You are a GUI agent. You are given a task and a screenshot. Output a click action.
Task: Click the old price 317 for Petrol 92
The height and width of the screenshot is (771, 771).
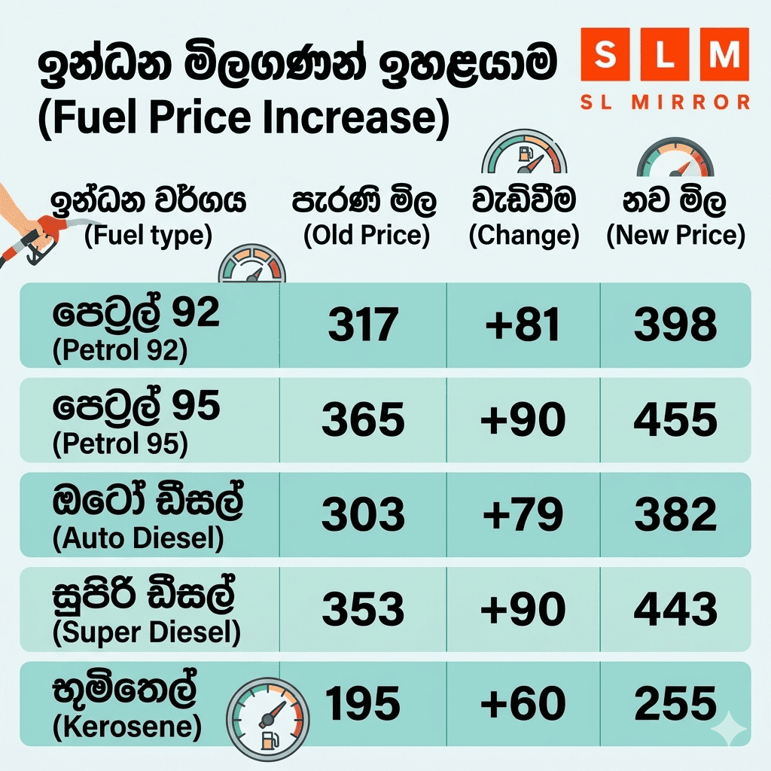pyautogui.click(x=363, y=325)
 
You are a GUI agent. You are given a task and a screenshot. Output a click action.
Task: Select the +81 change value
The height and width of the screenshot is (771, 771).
pyautogui.click(x=523, y=325)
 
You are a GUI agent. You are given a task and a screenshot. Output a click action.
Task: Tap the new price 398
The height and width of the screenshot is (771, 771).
pyautogui.click(x=675, y=325)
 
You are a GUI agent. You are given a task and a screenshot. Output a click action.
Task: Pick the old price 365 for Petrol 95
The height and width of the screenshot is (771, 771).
pyautogui.click(x=363, y=419)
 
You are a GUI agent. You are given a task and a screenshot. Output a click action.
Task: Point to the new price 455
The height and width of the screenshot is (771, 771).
pyautogui.click(x=675, y=419)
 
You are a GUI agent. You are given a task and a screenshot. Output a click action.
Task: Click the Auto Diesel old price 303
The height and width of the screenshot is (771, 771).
pyautogui.click(x=363, y=515)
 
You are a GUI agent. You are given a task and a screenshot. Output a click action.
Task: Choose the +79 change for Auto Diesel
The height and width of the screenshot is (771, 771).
pyautogui.click(x=523, y=515)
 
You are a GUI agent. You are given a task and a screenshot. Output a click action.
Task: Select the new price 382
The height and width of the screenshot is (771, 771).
pyautogui.click(x=675, y=515)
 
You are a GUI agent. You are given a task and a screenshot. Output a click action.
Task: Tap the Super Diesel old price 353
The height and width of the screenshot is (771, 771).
pyautogui.click(x=363, y=609)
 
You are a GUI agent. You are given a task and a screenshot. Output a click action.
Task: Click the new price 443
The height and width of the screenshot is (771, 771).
pyautogui.click(x=675, y=609)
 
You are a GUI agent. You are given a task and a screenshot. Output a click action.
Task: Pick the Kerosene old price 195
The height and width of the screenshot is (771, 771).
pyautogui.click(x=363, y=704)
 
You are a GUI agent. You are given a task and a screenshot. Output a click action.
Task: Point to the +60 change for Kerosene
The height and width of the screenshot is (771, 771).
pyautogui.click(x=523, y=704)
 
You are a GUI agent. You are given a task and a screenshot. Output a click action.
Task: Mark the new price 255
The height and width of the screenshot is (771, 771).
pyautogui.click(x=675, y=704)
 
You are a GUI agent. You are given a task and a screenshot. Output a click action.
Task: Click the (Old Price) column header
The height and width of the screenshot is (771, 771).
pyautogui.click(x=366, y=236)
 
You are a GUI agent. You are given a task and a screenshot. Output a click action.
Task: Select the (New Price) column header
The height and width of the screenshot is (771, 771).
pyautogui.click(x=675, y=236)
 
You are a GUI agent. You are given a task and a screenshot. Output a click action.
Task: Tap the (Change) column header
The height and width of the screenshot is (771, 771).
pyautogui.click(x=524, y=236)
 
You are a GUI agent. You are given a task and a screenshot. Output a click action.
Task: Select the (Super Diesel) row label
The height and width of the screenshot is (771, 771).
pyautogui.click(x=147, y=633)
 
